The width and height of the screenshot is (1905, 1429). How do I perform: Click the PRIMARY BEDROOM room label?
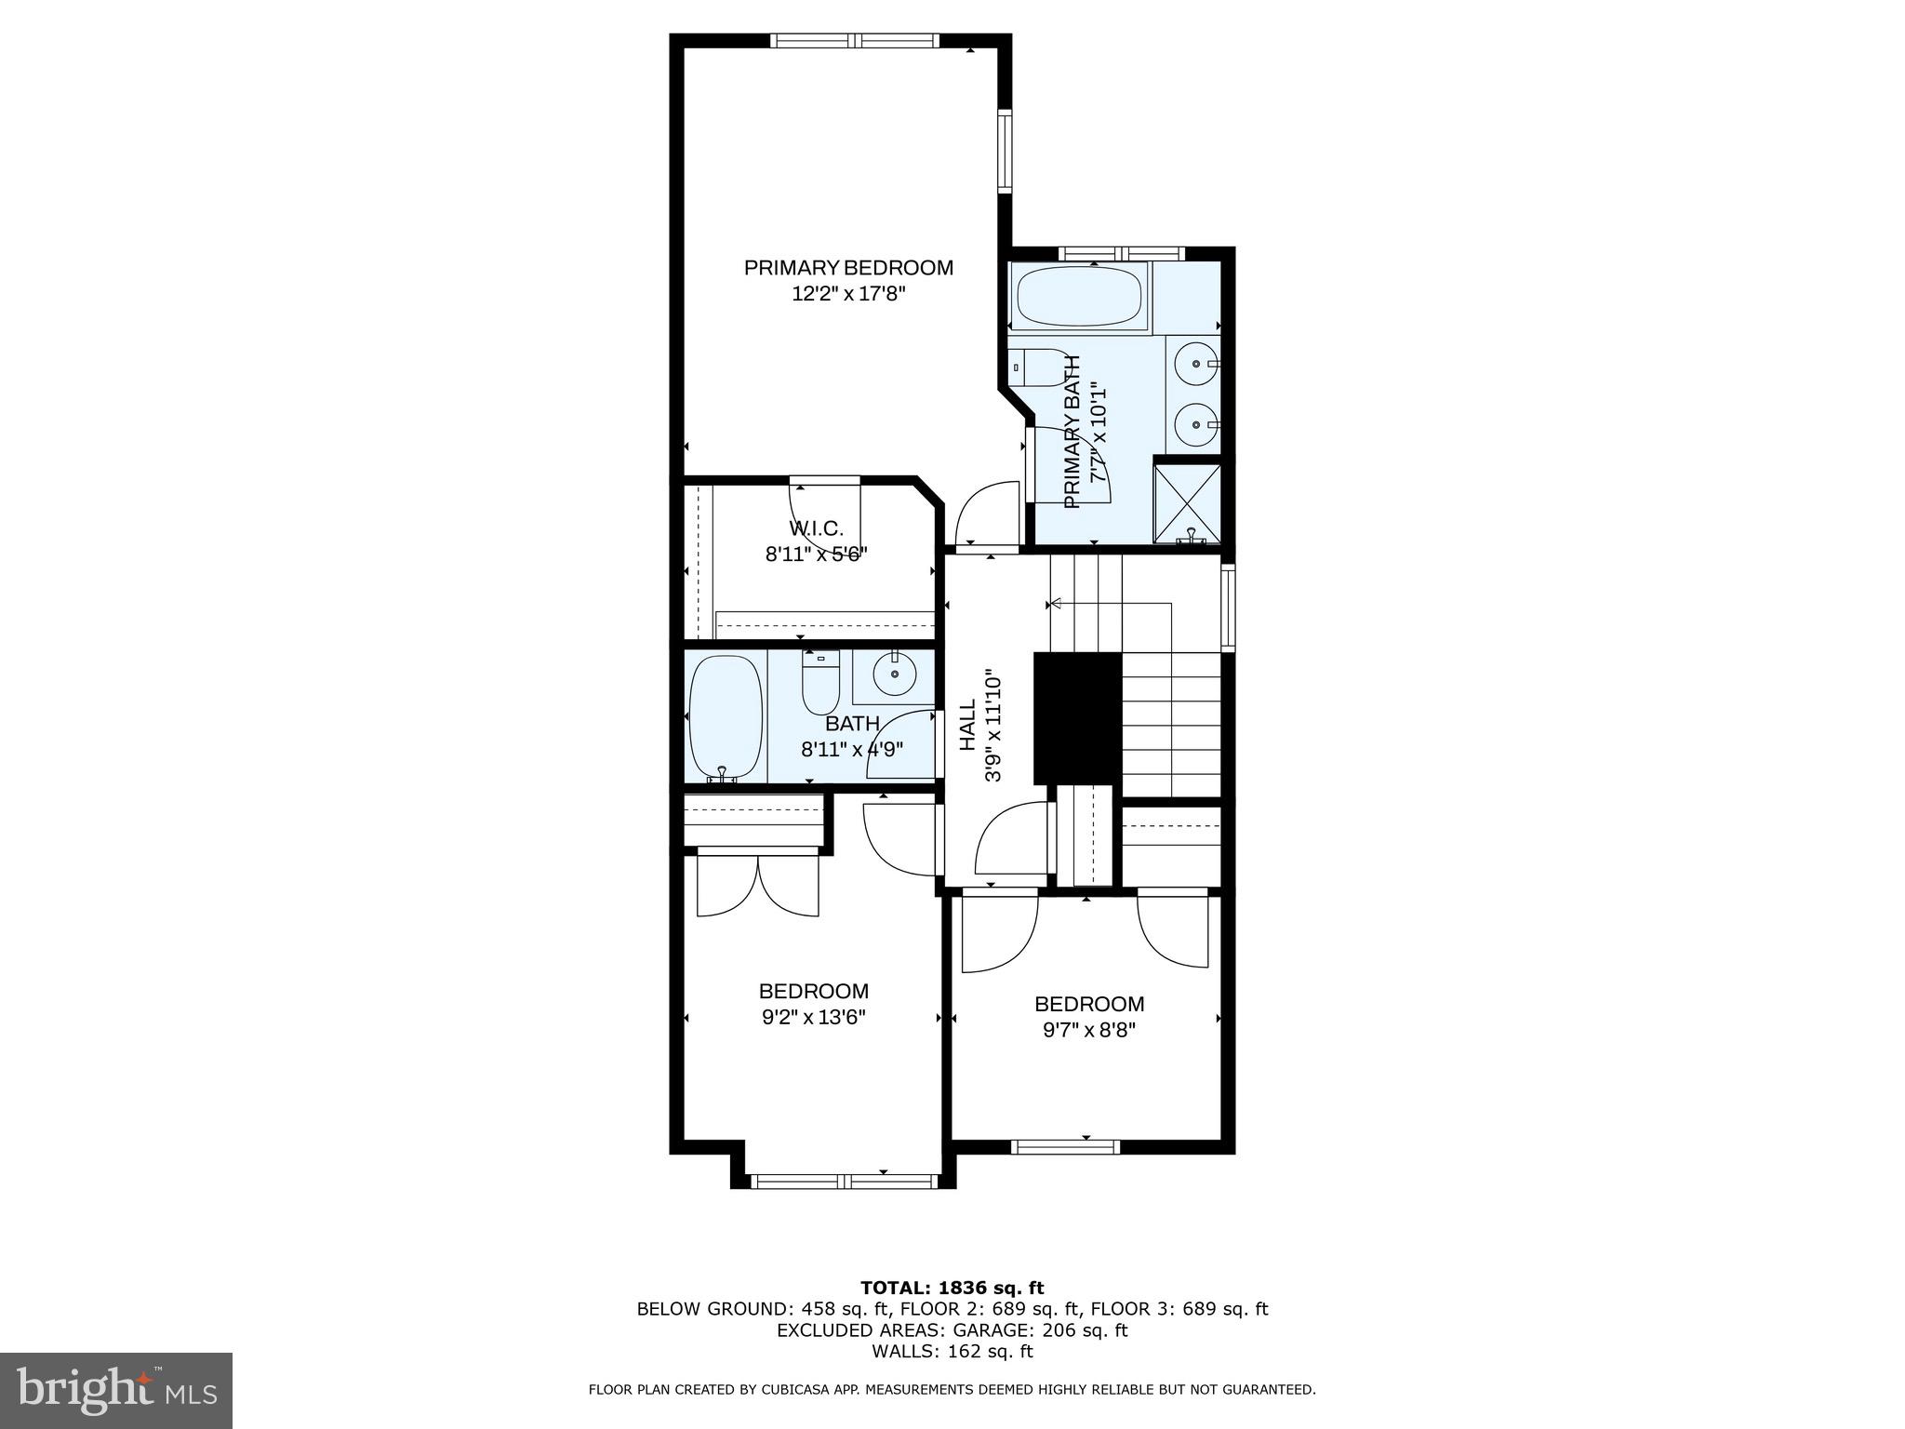click(x=847, y=268)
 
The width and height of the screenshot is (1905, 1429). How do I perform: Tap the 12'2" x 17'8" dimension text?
click(x=847, y=295)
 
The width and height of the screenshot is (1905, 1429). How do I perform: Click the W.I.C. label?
click(x=816, y=528)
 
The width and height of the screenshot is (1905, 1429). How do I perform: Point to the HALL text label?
click(x=968, y=725)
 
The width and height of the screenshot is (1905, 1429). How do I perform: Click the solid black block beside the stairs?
click(x=1077, y=717)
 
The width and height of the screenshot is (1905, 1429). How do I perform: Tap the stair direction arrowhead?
click(x=1055, y=605)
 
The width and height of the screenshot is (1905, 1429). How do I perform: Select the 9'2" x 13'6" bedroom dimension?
click(x=814, y=1018)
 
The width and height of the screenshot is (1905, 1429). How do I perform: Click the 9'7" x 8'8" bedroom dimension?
click(x=1089, y=1031)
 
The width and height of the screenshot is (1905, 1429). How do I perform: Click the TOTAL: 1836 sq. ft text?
click(x=952, y=1289)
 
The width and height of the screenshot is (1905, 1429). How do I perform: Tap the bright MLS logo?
click(x=116, y=1390)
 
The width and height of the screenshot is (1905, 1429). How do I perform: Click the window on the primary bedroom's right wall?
click(x=1006, y=151)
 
